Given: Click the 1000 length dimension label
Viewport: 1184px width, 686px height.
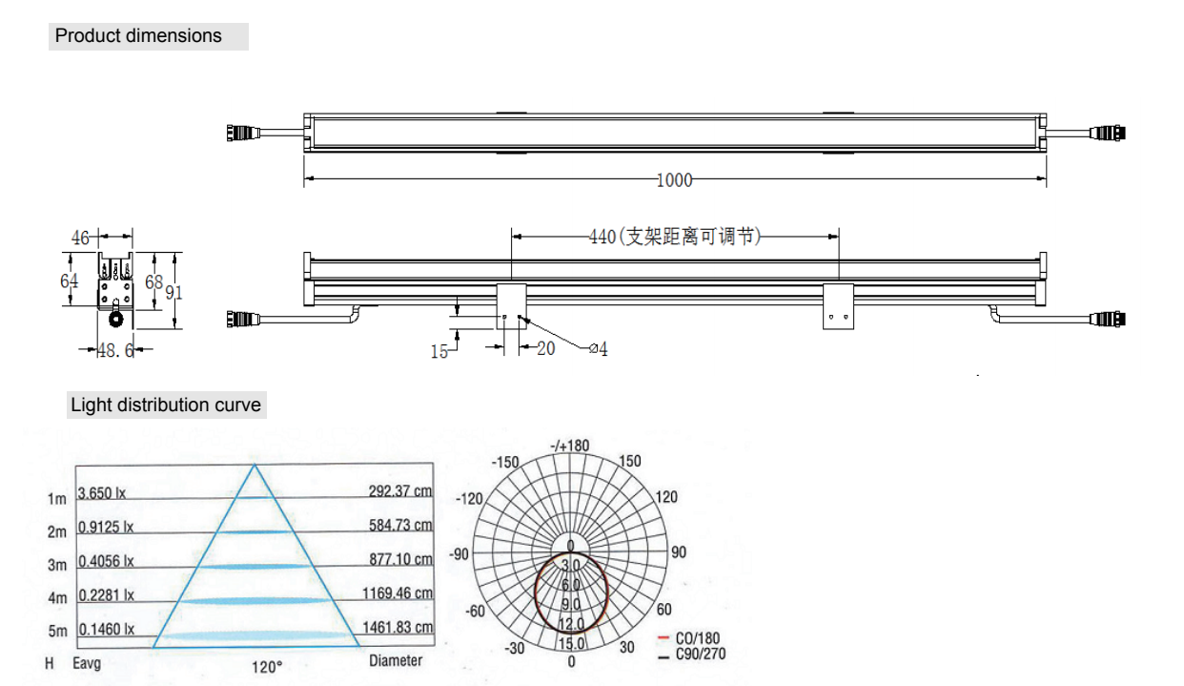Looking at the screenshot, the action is pos(674,180).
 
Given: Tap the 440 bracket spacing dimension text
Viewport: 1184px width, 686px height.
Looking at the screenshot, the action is pos(675,237).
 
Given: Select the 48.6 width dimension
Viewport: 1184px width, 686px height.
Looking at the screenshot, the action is pos(115,350).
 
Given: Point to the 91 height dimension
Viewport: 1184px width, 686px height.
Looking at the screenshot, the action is pos(174,293).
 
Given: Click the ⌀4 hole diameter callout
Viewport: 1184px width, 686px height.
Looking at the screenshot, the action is pos(599,349).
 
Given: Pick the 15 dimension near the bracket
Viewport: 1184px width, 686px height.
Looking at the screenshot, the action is pos(439,352).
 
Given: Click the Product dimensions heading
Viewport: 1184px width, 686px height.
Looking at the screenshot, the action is pos(138,36).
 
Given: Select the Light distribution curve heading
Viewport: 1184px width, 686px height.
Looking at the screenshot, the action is pos(166,405).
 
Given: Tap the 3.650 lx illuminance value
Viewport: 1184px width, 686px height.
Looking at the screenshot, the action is pos(102,493).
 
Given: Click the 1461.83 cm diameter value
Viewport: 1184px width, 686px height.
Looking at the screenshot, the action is pos(398,627).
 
